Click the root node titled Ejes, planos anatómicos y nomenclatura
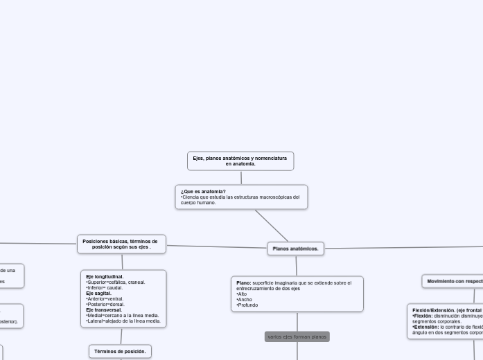pyautogui.click(x=240, y=161)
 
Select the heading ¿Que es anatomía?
pyautogui.click(x=203, y=191)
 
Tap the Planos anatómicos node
pyautogui.click(x=295, y=249)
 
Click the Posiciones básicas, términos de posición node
pyautogui.click(x=121, y=244)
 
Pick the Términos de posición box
pyautogui.click(x=120, y=352)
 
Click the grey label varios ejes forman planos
pyautogui.click(x=297, y=336)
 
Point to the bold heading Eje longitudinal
pyautogui.click(x=105, y=277)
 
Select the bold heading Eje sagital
pyautogui.click(x=98, y=294)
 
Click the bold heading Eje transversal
pyautogui.click(x=104, y=310)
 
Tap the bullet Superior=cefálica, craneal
pyautogui.click(x=116, y=282)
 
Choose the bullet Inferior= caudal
pyautogui.click(x=105, y=288)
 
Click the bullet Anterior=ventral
pyautogui.click(x=105, y=299)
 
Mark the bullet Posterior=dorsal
pyautogui.click(x=106, y=305)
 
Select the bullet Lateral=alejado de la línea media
pyautogui.click(x=123, y=321)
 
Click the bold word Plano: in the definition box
pyautogui.click(x=244, y=283)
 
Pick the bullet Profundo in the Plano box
pyautogui.click(x=246, y=305)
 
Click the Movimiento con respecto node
pyautogui.click(x=454, y=282)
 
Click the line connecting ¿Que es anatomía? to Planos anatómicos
pyautogui.click(x=272, y=226)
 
